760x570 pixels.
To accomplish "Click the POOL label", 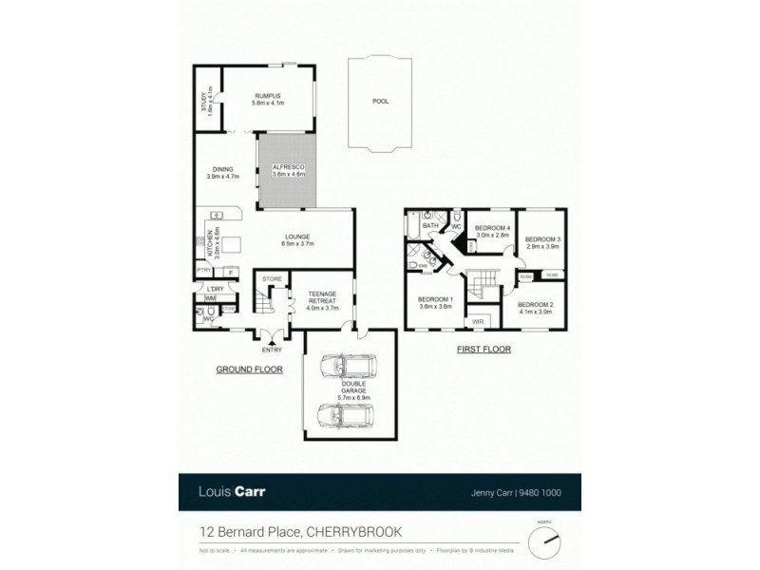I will pyautogui.click(x=380, y=101).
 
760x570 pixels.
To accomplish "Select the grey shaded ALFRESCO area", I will pyautogui.click(x=287, y=172).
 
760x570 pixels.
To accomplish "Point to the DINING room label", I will pyautogui.click(x=223, y=173).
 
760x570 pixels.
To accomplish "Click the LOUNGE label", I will pyautogui.click(x=295, y=240).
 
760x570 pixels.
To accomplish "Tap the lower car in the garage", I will pyautogui.click(x=345, y=415).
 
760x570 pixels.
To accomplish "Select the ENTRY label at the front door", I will pyautogui.click(x=259, y=348).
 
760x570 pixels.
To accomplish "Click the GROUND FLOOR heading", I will pyautogui.click(x=249, y=369).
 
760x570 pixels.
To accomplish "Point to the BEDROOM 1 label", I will pyautogui.click(x=436, y=303).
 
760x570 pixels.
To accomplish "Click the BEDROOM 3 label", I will pyautogui.click(x=543, y=242).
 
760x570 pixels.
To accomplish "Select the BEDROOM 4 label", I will pyautogui.click(x=493, y=231).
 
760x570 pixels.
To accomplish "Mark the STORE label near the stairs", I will pyautogui.click(x=272, y=279).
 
